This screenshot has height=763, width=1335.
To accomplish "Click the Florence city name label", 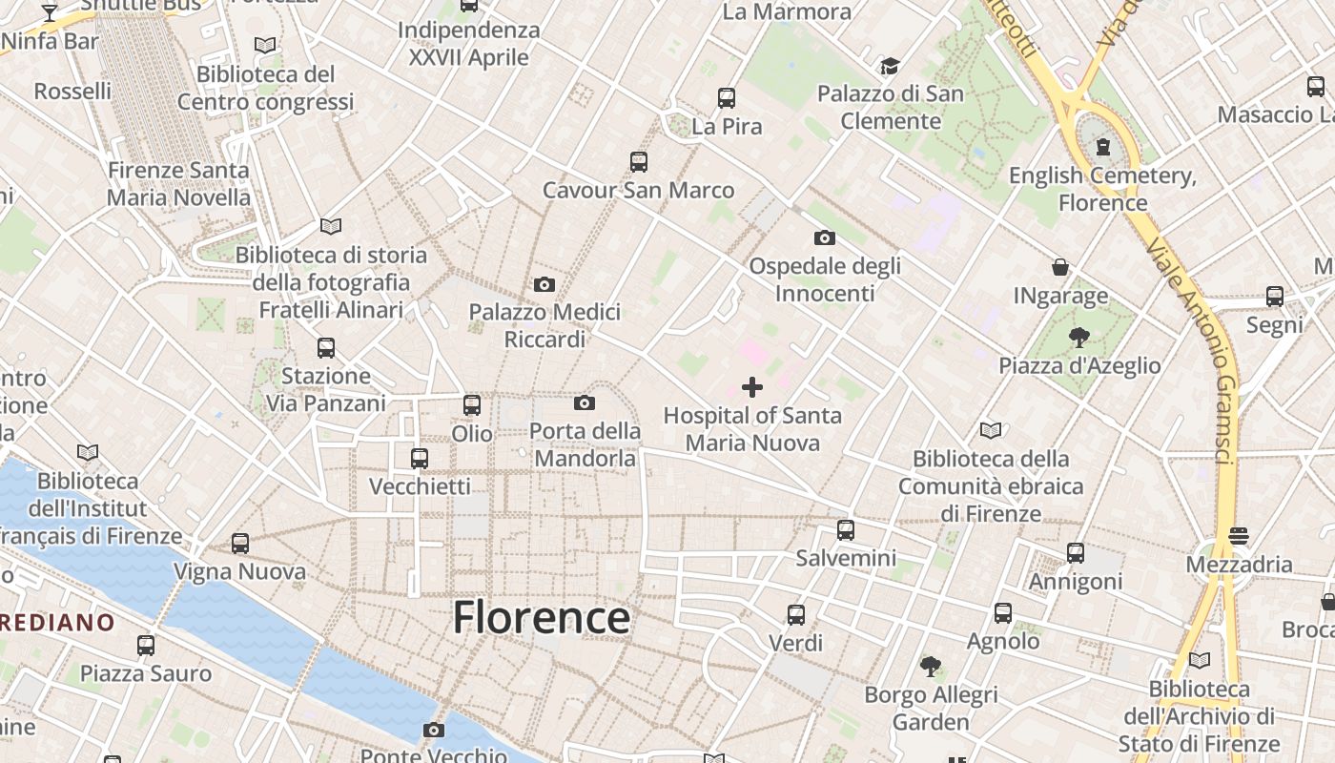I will tap(541, 618).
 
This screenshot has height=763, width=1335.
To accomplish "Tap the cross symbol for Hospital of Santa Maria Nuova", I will tap(752, 386).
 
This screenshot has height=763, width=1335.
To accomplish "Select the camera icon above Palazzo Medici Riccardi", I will tap(544, 284).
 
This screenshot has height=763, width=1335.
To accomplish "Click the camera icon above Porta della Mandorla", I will tap(585, 403).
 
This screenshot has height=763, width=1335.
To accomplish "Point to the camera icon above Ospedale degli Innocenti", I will tap(825, 237).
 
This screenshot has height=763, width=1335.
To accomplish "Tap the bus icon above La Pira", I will tap(727, 97).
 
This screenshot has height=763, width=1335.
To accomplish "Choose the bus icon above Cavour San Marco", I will tap(639, 162).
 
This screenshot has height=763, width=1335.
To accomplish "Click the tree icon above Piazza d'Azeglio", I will tap(1079, 337).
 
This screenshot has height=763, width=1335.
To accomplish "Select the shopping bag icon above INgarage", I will tap(1060, 267).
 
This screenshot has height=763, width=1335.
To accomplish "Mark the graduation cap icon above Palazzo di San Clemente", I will tap(890, 66).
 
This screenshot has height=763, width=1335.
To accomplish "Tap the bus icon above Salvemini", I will tap(846, 530).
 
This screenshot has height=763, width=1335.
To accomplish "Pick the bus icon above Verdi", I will tap(796, 615).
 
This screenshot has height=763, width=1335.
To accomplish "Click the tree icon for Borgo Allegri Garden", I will tap(931, 667).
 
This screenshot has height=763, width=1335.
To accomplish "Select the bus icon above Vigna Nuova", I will tap(240, 544).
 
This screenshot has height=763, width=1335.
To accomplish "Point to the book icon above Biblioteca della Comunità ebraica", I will tap(991, 431).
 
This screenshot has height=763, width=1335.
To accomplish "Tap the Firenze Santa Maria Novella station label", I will tap(178, 184).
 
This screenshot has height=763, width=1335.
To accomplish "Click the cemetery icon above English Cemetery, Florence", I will tap(1103, 146).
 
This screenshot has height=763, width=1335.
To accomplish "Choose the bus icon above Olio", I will tap(472, 405).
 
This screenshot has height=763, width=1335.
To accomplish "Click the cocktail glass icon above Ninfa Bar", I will tap(50, 13).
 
